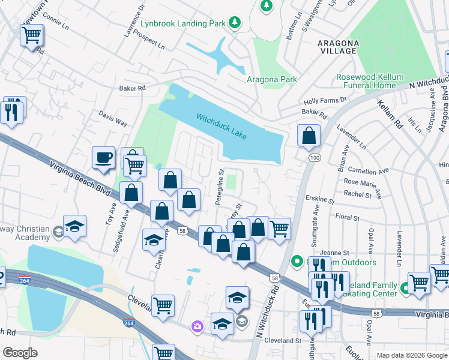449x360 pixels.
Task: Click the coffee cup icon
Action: (103, 158)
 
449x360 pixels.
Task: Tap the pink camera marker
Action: (197, 326)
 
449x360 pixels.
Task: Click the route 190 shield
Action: (314, 157)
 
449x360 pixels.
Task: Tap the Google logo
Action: (20, 353)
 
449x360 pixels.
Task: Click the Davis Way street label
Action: (113, 118)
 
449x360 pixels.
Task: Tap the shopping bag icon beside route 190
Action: (309, 136)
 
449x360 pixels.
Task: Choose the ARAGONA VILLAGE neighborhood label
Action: (338, 47)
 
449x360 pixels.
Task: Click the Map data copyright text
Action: (412, 355)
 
